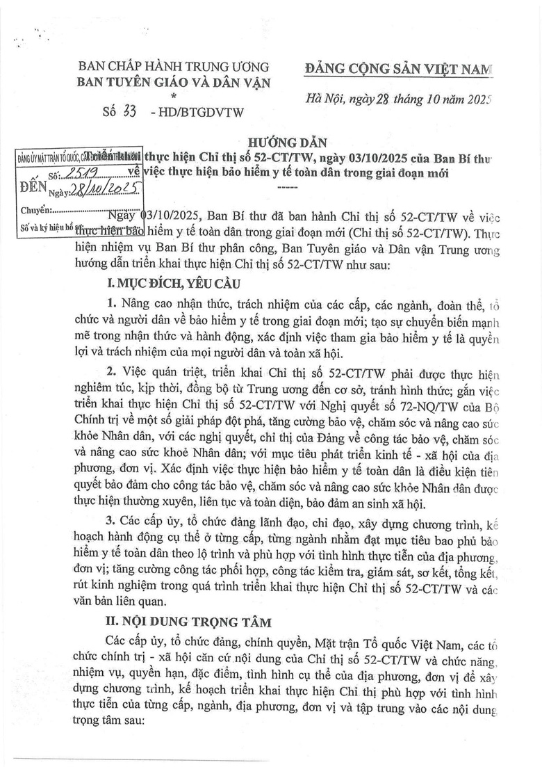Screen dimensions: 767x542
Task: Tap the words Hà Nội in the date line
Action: pyautogui.click(x=327, y=100)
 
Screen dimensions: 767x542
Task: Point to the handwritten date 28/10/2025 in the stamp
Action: pyautogui.click(x=106, y=189)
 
